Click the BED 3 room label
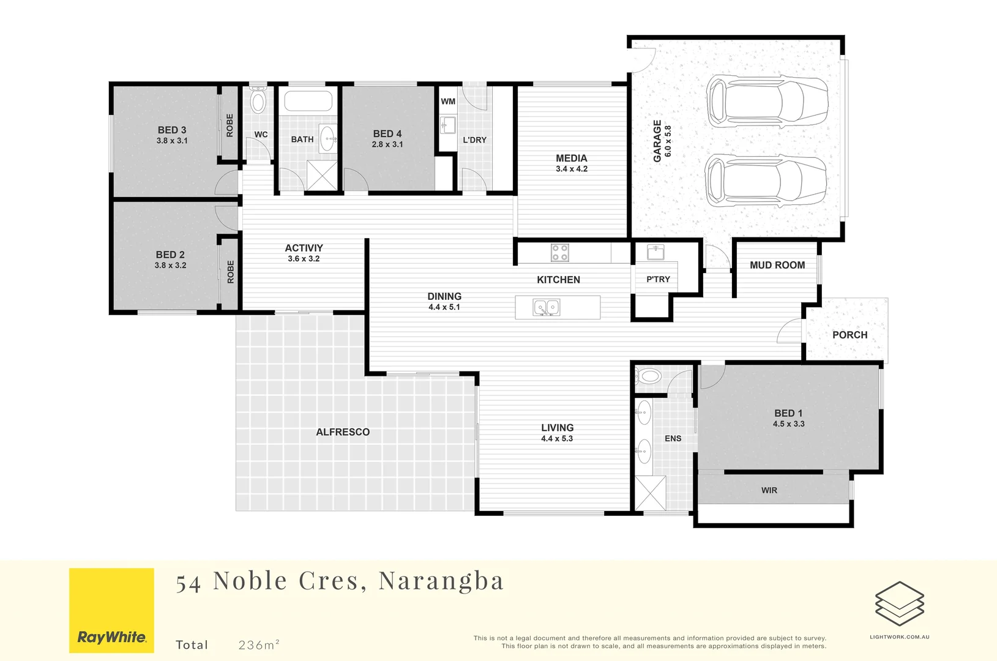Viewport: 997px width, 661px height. click(x=171, y=130)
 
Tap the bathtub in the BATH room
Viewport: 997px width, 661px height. click(x=308, y=101)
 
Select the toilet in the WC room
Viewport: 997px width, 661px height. click(x=258, y=101)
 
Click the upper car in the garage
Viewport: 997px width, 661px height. click(x=766, y=100)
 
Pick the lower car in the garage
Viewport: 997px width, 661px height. click(x=765, y=181)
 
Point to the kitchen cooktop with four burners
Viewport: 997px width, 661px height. click(x=559, y=252)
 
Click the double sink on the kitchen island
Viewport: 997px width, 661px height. click(x=547, y=307)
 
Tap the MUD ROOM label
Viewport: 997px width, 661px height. click(x=777, y=265)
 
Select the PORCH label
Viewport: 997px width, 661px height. click(x=850, y=335)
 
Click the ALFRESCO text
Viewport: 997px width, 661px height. click(x=343, y=432)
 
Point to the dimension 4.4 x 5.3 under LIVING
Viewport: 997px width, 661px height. click(x=557, y=439)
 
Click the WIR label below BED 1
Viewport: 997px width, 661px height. click(x=769, y=490)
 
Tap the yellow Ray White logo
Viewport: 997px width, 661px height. click(x=111, y=610)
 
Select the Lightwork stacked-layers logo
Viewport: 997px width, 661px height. click(x=899, y=603)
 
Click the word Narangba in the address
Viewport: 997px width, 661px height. click(x=441, y=581)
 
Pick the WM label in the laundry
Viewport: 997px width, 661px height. click(x=448, y=102)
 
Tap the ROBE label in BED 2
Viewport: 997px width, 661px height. click(x=231, y=272)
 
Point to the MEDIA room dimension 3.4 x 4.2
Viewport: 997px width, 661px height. click(x=571, y=169)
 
